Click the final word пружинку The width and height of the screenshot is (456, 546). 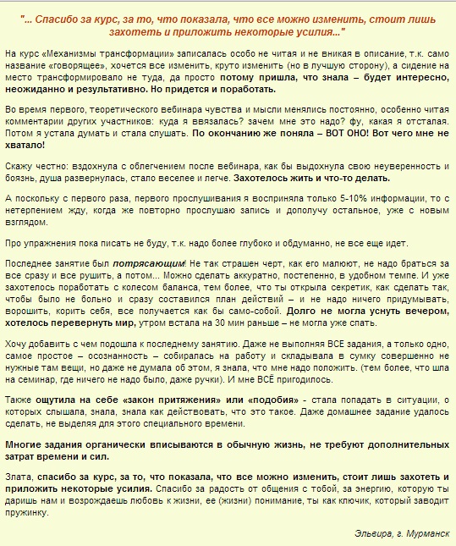(x=25, y=513)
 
